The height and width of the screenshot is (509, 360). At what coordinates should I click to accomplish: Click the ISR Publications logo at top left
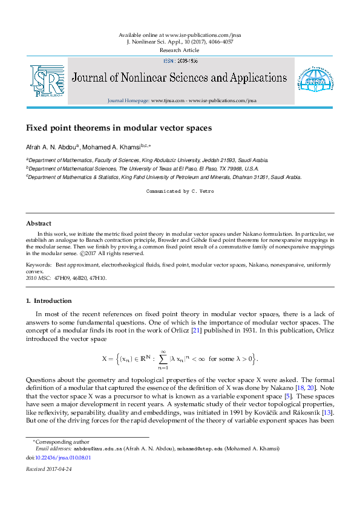(47, 82)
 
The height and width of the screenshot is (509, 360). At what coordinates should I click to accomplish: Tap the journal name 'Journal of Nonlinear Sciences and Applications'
(180, 78)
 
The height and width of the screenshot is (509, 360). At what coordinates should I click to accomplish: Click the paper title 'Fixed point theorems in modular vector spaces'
(119, 128)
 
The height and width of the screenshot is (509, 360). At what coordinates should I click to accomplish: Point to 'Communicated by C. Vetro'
(180, 191)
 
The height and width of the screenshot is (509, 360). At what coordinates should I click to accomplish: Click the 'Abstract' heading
(38, 223)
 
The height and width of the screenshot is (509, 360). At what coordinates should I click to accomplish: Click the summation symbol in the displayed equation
(162, 359)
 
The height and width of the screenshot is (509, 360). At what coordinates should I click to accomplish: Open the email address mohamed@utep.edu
(195, 450)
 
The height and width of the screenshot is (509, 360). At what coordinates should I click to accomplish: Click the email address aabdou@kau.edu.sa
(98, 450)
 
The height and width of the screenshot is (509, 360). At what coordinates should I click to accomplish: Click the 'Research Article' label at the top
(180, 51)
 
